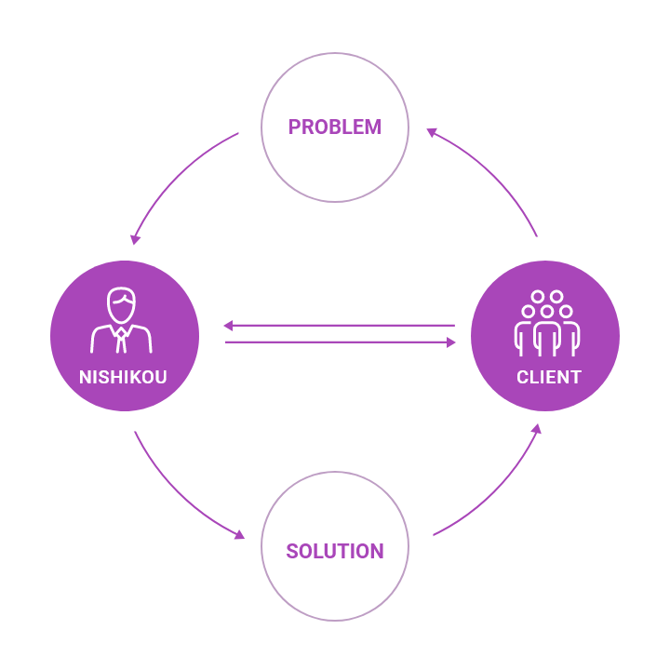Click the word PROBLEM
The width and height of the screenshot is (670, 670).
[334, 127]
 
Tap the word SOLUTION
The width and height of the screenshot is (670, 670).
[335, 551]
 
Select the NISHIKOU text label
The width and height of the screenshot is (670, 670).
[123, 378]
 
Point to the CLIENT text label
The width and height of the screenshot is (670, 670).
[549, 378]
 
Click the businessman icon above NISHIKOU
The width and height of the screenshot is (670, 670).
[122, 322]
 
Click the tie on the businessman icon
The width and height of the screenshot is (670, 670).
[122, 340]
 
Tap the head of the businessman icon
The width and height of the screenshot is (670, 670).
[122, 304]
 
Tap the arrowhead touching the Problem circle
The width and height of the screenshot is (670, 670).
[431, 133]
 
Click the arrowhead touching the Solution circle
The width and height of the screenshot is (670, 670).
[239, 535]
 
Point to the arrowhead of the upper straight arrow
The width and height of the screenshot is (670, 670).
[228, 326]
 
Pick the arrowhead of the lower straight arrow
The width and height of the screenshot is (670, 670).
[451, 342]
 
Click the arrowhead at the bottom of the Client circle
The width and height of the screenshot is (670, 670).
[537, 430]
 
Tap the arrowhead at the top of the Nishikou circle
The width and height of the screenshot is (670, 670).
[135, 239]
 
